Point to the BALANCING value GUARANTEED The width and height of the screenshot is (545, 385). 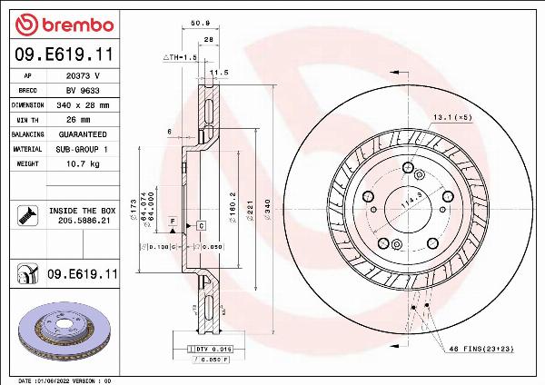pyautogui.click(x=82, y=134)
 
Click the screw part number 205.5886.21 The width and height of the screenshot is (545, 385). pyautogui.click(x=84, y=221)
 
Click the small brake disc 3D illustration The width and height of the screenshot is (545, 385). pyautogui.click(x=64, y=332)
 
